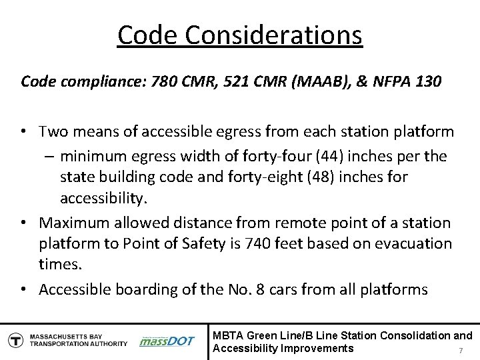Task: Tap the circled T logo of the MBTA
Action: tap(14, 339)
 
